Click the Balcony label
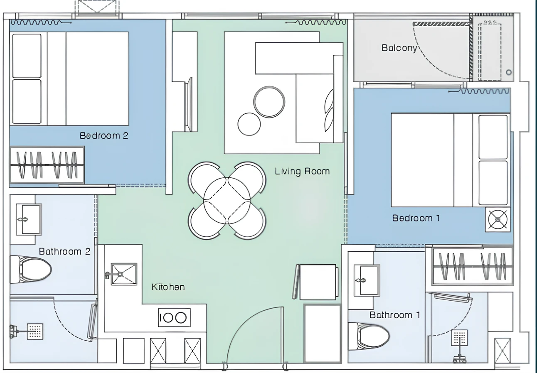399,48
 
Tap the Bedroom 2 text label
104,135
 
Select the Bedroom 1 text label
416,218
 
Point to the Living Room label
302,171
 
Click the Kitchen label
168,287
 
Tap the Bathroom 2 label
65,251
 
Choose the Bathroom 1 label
395,315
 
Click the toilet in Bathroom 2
30,270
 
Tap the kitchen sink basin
124,274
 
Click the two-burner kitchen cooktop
174,318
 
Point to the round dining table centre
227,201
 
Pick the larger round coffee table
269,102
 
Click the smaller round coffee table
249,124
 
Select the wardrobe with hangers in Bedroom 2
47,165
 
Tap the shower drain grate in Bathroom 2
35,331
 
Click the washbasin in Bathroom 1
367,280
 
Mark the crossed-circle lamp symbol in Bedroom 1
498,219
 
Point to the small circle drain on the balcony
509,72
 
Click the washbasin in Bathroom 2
29,219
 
